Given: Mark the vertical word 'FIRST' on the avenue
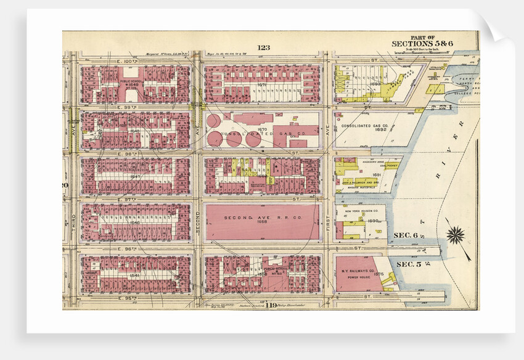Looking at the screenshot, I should [327, 224].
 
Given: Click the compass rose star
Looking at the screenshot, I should [456, 235].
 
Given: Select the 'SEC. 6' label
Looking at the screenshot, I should [407, 235].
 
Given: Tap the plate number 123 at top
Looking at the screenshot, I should [264, 47].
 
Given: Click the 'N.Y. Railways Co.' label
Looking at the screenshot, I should [359, 271].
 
